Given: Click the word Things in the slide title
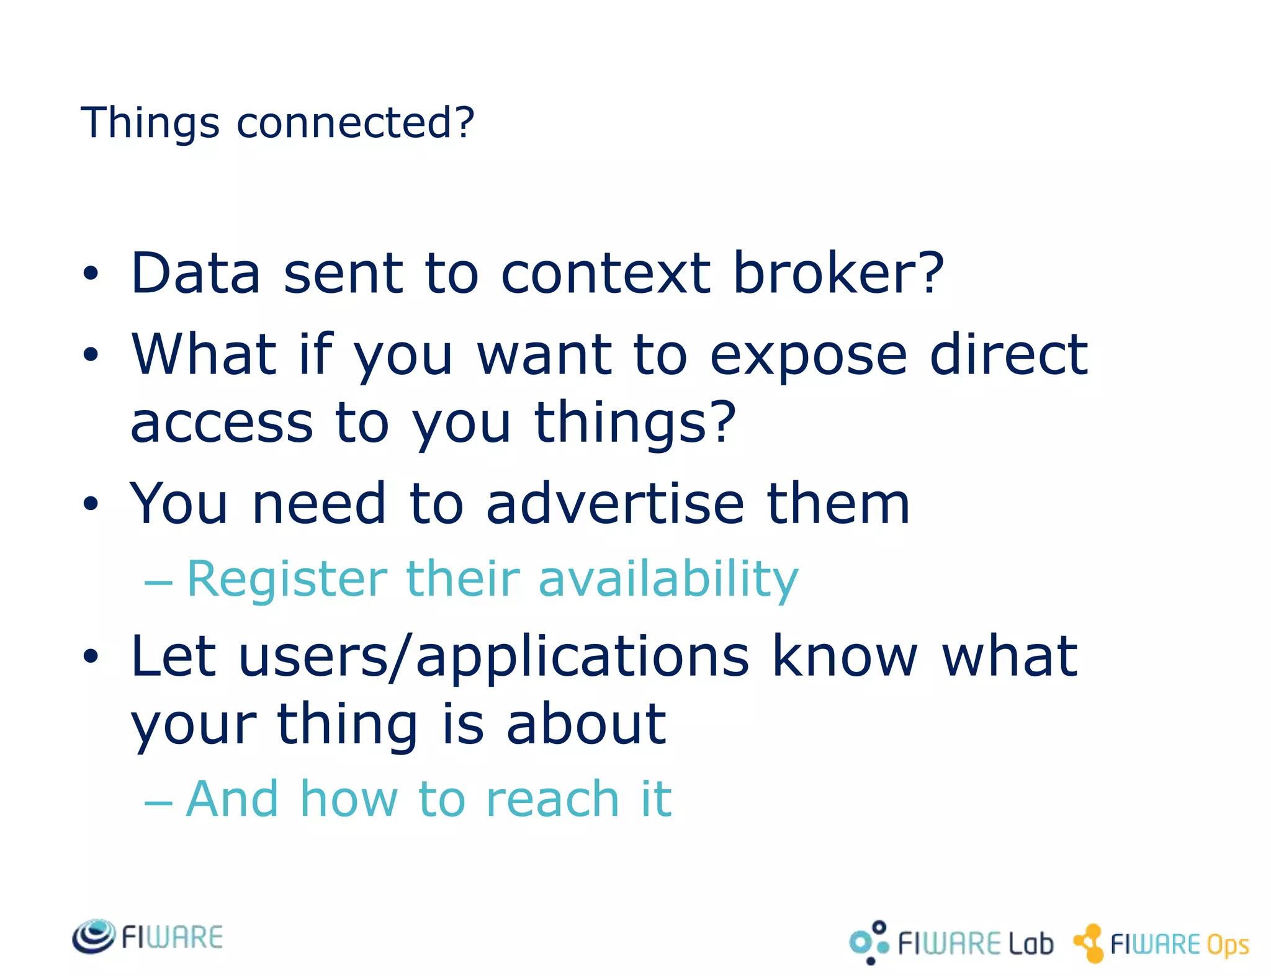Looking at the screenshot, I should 150,123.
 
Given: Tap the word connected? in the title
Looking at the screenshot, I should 355,123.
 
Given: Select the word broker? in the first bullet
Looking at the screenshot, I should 838,274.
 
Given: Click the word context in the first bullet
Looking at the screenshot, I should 605,274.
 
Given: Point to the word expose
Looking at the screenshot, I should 808,356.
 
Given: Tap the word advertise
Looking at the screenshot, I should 614,503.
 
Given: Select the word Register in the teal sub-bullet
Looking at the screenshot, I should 287,579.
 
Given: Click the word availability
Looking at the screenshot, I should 668,579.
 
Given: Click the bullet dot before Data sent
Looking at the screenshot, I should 91,274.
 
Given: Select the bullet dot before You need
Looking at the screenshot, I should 91,504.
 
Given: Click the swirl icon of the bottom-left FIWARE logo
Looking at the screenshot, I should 94,936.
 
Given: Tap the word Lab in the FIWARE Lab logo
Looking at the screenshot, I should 1030,943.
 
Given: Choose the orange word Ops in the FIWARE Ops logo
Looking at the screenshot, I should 1227,945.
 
